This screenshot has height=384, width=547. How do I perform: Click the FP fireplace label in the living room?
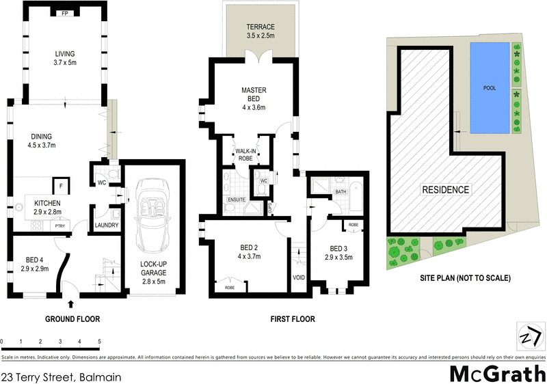[65, 14]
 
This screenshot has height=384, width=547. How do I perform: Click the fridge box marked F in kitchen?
[60, 185]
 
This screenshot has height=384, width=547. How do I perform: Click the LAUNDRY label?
[107, 225]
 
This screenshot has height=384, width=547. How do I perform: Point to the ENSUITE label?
[236, 200]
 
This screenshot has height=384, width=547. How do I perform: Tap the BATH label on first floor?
[341, 192]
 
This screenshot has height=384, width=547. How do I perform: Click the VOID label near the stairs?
[298, 277]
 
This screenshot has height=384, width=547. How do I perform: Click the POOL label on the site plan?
[490, 88]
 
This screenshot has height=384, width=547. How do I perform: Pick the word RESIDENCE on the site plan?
[445, 190]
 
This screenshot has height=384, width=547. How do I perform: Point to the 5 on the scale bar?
[100, 341]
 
